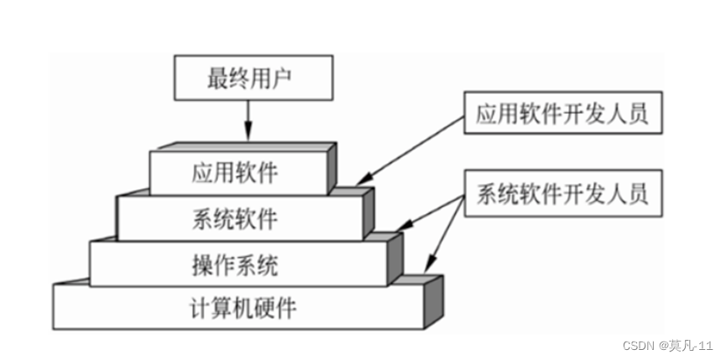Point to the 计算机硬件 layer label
coord(243,308)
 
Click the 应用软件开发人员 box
coord(561,114)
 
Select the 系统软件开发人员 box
coord(561,196)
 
